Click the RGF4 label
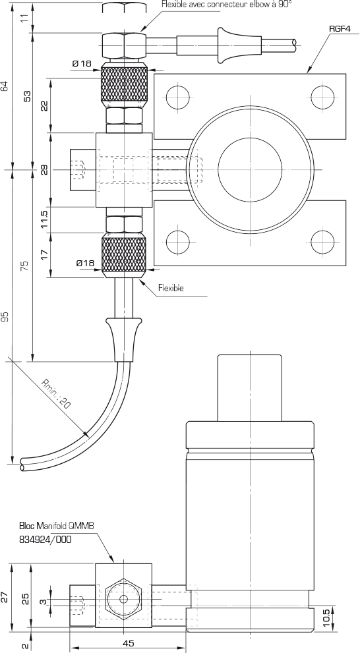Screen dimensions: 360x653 point(339,29)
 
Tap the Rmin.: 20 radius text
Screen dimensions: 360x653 point(56,393)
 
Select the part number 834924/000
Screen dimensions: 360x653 point(45,539)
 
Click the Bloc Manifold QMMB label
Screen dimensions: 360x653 point(57,526)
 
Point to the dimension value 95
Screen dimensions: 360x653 point(5,317)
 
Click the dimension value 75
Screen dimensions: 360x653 point(25,266)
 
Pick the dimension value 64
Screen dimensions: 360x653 point(5,86)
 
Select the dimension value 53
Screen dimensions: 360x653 point(28,96)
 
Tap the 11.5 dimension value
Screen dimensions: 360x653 point(45,219)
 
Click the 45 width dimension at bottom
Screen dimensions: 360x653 point(129,643)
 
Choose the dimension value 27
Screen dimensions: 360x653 point(5,597)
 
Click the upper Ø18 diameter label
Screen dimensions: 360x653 point(82,64)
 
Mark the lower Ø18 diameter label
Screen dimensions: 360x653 point(86,263)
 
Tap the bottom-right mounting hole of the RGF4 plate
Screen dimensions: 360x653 point(322,242)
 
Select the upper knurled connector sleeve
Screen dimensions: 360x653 point(124,84)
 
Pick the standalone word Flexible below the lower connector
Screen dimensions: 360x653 point(171,288)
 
